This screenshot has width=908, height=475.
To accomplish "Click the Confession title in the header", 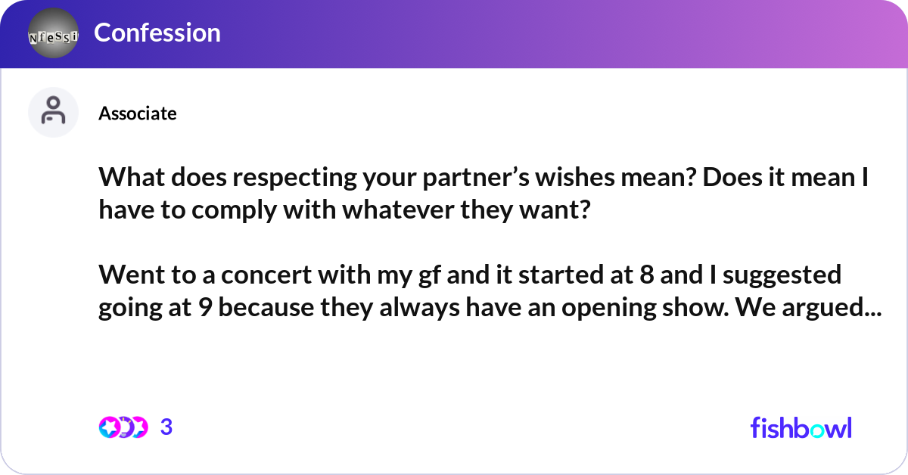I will [x=157, y=33].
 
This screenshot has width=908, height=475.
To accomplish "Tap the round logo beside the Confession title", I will [x=53, y=34].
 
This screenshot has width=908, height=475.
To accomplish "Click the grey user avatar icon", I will [x=53, y=112].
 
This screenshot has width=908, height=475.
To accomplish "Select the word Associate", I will [x=137, y=113].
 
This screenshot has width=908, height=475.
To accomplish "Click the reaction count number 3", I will [x=166, y=427].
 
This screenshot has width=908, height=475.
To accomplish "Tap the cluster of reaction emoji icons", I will [x=123, y=427].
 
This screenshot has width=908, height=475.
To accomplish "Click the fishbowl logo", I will [x=801, y=427].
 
